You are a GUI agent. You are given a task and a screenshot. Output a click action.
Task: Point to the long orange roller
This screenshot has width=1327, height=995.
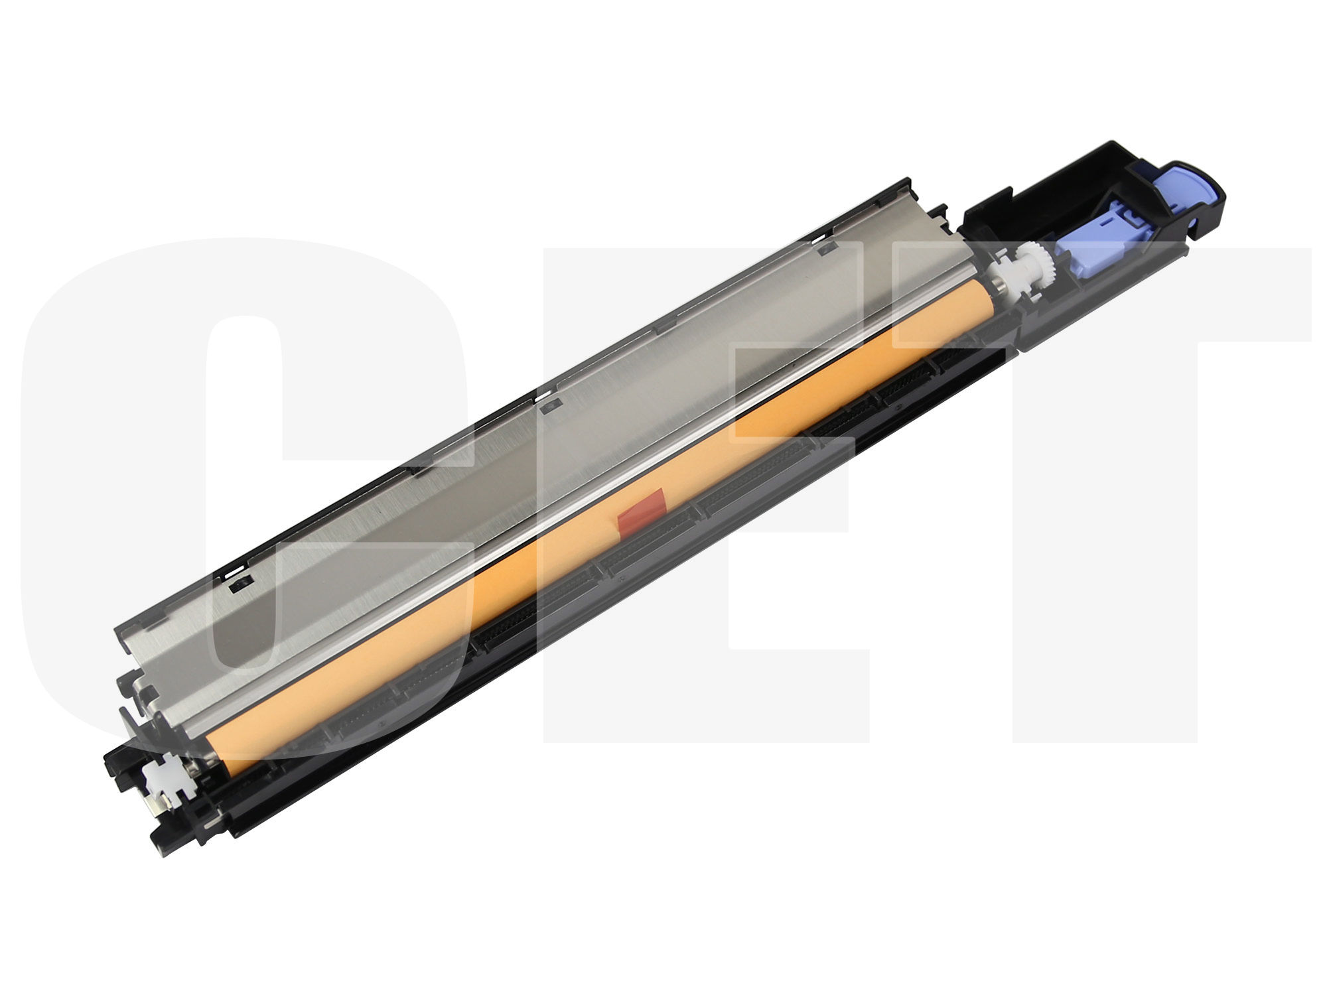(x=597, y=524)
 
